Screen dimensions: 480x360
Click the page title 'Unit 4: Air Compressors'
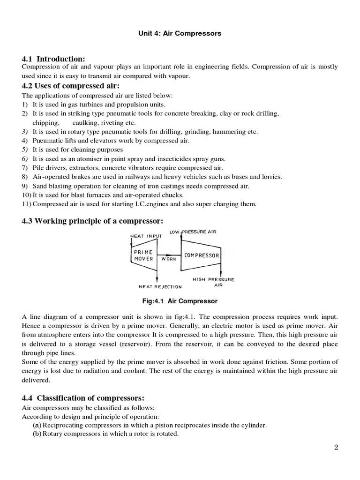pos(180,34)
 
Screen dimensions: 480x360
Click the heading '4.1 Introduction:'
pos(53,59)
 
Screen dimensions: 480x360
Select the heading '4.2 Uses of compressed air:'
pos(70,86)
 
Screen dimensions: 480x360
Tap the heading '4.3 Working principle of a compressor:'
pos(92,221)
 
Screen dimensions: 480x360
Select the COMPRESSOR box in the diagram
pos(202,255)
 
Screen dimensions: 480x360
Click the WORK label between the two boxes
pos(169,258)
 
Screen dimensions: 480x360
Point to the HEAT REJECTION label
pos(160,286)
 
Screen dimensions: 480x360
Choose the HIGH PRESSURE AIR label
pos(213,282)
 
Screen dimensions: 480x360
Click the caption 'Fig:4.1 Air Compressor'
pos(180,301)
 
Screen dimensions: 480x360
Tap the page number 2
pos(336,447)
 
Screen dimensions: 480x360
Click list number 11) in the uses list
pos(27,203)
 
